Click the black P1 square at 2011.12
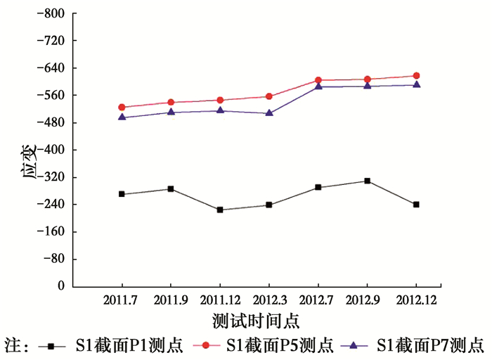tap(220, 210)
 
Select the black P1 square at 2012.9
tap(367, 181)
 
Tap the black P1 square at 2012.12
tap(416, 205)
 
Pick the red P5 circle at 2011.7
tap(122, 107)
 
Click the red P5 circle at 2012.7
tap(318, 80)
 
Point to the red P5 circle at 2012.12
tap(416, 76)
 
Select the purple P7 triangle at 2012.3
tap(269, 112)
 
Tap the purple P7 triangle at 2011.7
tap(122, 117)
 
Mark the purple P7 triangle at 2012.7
tap(318, 86)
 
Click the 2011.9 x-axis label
tap(171, 300)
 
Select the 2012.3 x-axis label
tap(269, 300)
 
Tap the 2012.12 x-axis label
tap(416, 300)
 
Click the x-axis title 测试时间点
tap(256, 321)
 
